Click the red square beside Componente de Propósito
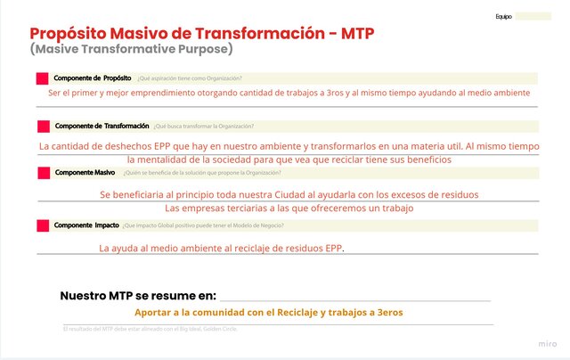[x=41, y=78]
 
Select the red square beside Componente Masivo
[x=42, y=172]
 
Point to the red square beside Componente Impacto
[x=42, y=226]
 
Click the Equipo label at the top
[x=503, y=16]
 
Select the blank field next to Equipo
[x=533, y=16]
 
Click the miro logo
[x=549, y=343]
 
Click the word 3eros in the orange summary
[x=388, y=313]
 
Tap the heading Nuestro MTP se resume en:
[x=138, y=296]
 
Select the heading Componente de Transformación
[x=102, y=126]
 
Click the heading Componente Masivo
[x=85, y=172]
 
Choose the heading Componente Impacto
[x=85, y=226]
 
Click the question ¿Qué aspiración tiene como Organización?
[x=189, y=78]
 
